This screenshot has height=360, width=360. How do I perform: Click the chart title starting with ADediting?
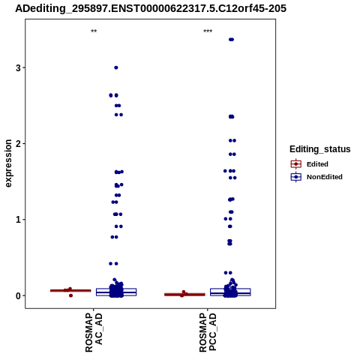(x=151, y=8)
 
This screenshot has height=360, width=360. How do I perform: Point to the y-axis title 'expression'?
(x=8, y=163)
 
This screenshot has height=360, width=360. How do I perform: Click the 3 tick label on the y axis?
(x=18, y=67)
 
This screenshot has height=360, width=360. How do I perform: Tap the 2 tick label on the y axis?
(x=18, y=144)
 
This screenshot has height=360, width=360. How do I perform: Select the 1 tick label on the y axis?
(x=18, y=220)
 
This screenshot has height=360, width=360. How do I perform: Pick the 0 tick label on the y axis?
(x=18, y=295)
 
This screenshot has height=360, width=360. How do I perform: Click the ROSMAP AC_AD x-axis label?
(x=94, y=332)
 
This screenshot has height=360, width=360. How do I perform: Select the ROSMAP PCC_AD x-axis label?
(x=208, y=332)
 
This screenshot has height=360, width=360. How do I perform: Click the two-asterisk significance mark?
(x=94, y=31)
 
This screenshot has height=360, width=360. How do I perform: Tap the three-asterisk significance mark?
(x=208, y=31)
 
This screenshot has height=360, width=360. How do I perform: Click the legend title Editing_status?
(x=320, y=149)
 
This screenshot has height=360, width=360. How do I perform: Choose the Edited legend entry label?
(x=317, y=164)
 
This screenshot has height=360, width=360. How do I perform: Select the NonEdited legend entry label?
(x=325, y=177)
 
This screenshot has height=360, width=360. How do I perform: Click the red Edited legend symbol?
(x=296, y=164)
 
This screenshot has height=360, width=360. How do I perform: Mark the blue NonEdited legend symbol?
(x=296, y=177)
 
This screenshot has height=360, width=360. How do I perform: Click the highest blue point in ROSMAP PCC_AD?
(x=231, y=40)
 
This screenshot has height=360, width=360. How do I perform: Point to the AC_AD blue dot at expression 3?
(x=116, y=67)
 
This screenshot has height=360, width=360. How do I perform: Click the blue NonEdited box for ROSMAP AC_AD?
(x=116, y=292)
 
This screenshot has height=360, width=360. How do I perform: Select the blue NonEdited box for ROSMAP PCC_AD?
(x=230, y=292)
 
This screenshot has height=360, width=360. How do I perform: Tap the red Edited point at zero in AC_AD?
(x=70, y=295)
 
